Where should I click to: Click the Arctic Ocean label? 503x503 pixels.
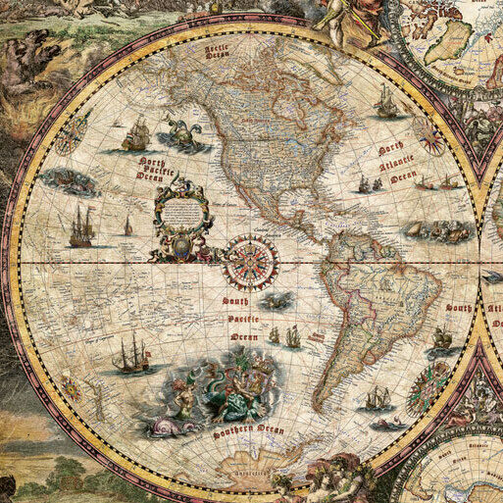click(x=217, y=51)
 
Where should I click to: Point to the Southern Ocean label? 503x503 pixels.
click(x=247, y=430)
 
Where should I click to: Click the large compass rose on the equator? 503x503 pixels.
click(x=251, y=262)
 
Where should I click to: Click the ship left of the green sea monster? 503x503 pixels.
click(x=135, y=134)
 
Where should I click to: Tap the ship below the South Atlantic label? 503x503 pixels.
click(x=443, y=338)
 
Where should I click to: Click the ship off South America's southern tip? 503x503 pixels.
click(x=377, y=398)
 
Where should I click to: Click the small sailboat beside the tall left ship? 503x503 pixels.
click(x=127, y=226)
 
